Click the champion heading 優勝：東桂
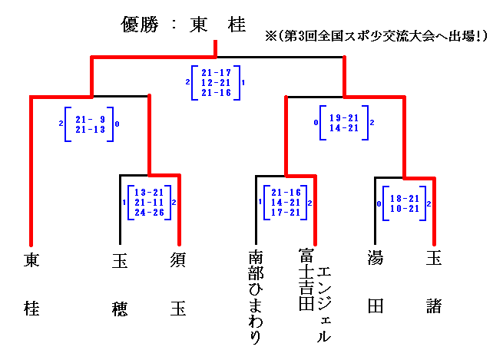[x=184, y=25]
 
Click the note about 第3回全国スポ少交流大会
[x=376, y=35]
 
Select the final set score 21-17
[x=215, y=72]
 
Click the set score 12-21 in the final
[x=215, y=81]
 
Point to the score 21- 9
[x=90, y=119]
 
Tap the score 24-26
[x=148, y=211]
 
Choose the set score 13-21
[x=148, y=191]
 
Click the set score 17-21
[x=285, y=211]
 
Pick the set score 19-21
[x=343, y=117]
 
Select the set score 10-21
[x=403, y=208]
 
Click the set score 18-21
[x=403, y=197]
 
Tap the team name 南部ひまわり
[x=256, y=296]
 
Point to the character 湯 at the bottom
[x=376, y=259]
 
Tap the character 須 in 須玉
[x=177, y=259]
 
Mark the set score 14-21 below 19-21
[x=343, y=127]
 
